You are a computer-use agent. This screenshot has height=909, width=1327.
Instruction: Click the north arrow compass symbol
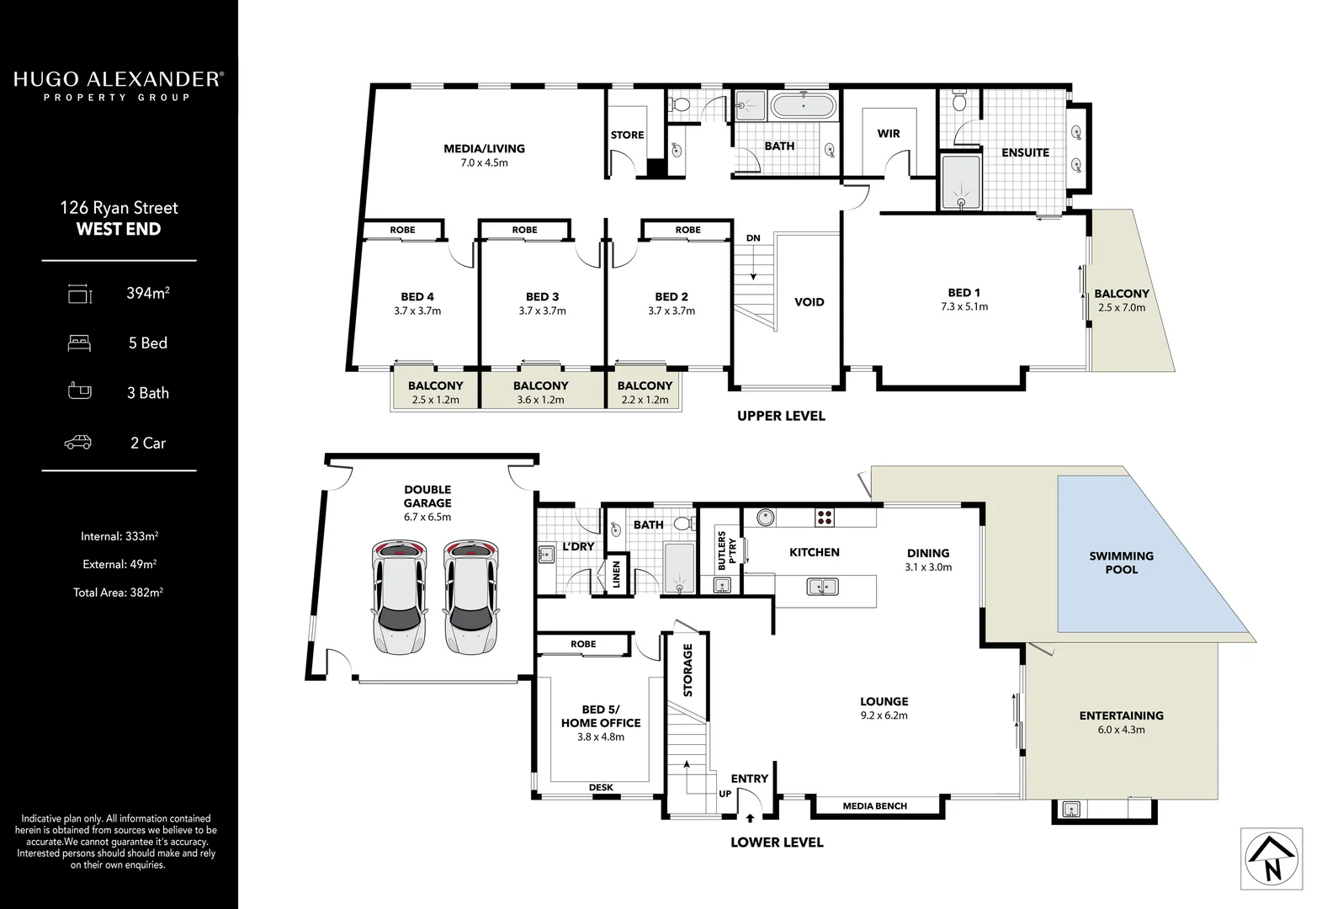pyautogui.click(x=1271, y=858)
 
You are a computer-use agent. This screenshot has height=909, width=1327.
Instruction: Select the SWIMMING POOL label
pyautogui.click(x=1121, y=562)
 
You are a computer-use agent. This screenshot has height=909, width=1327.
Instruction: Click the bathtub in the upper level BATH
pyautogui.click(x=803, y=107)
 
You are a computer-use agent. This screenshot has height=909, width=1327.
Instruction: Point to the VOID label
pyautogui.click(x=809, y=302)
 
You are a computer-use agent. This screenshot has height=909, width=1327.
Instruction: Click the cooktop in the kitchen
pyautogui.click(x=825, y=517)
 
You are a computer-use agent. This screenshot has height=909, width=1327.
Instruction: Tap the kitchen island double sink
pyautogui.click(x=820, y=587)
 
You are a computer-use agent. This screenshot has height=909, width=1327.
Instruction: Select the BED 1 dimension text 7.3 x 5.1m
pyautogui.click(x=964, y=306)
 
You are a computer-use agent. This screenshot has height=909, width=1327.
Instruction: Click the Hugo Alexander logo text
pyautogui.click(x=118, y=80)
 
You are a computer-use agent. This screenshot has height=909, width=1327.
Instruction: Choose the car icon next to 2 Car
pyautogui.click(x=78, y=443)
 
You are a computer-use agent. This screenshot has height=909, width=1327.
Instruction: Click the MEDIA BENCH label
pyautogui.click(x=874, y=806)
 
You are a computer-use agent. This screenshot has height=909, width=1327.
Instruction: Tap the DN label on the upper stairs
pyautogui.click(x=752, y=238)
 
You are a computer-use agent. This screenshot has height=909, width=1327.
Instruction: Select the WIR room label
pyautogui.click(x=889, y=133)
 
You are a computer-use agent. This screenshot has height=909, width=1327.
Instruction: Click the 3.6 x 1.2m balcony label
pyautogui.click(x=540, y=400)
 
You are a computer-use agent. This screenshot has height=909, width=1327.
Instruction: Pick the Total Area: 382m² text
pyautogui.click(x=118, y=593)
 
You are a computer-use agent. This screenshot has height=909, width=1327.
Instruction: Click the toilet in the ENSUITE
pyautogui.click(x=958, y=104)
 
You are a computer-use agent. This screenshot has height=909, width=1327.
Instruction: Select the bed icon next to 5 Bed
pyautogui.click(x=78, y=343)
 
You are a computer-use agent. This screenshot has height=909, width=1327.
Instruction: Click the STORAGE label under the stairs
pyautogui.click(x=687, y=670)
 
